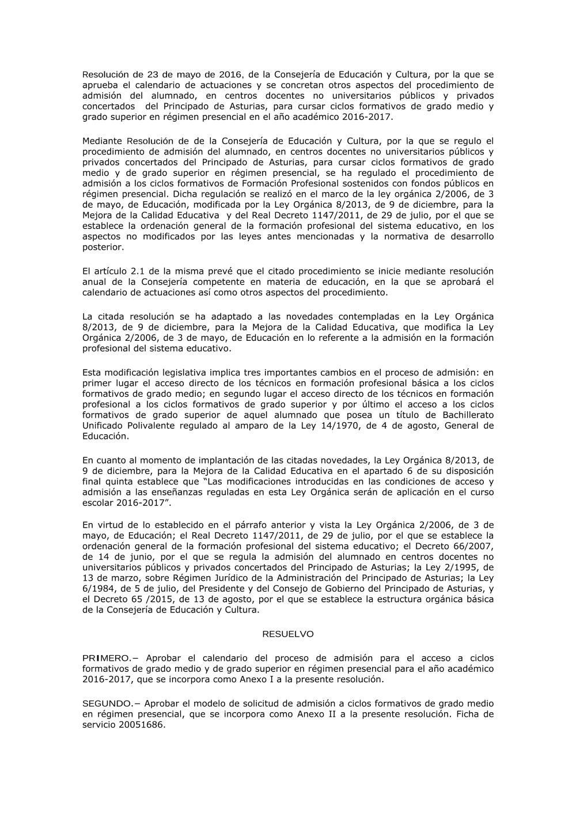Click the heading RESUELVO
(288, 634)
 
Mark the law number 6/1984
(95, 589)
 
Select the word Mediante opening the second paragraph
(102, 141)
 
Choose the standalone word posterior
(103, 247)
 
